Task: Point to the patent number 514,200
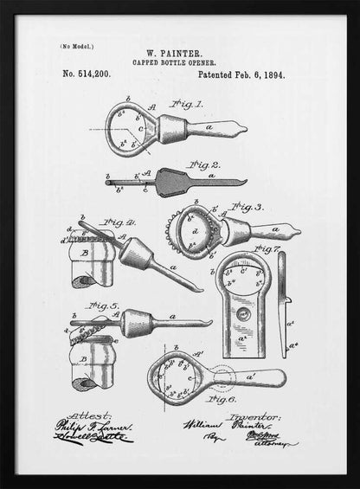[x=87, y=75]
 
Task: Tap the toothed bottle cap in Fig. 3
[x=196, y=234]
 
